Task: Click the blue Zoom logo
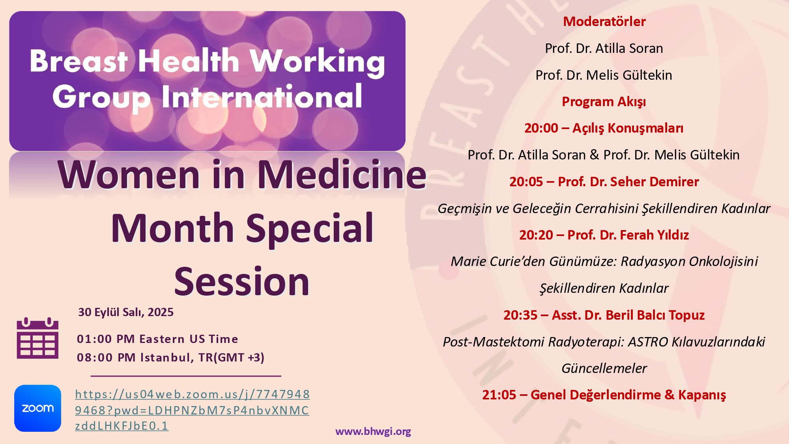(37, 408)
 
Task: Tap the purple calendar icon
(37, 338)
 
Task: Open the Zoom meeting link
(192, 410)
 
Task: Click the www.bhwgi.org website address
(373, 431)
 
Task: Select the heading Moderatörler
(604, 21)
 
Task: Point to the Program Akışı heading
(604, 102)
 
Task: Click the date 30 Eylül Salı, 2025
(126, 312)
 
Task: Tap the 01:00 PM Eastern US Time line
(157, 339)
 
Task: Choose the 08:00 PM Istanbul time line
(170, 358)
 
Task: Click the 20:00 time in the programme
(541, 128)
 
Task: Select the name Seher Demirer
(654, 182)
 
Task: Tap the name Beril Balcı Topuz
(655, 315)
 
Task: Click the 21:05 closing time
(499, 395)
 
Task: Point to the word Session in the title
(242, 281)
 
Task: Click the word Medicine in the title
(342, 174)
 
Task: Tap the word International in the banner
(262, 97)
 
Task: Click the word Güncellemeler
(604, 368)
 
